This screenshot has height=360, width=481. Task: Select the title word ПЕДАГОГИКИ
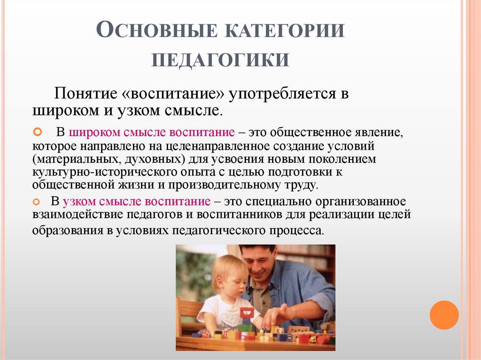pyautogui.click(x=220, y=60)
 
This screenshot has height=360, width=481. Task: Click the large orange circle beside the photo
pyautogui.click(x=444, y=315)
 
